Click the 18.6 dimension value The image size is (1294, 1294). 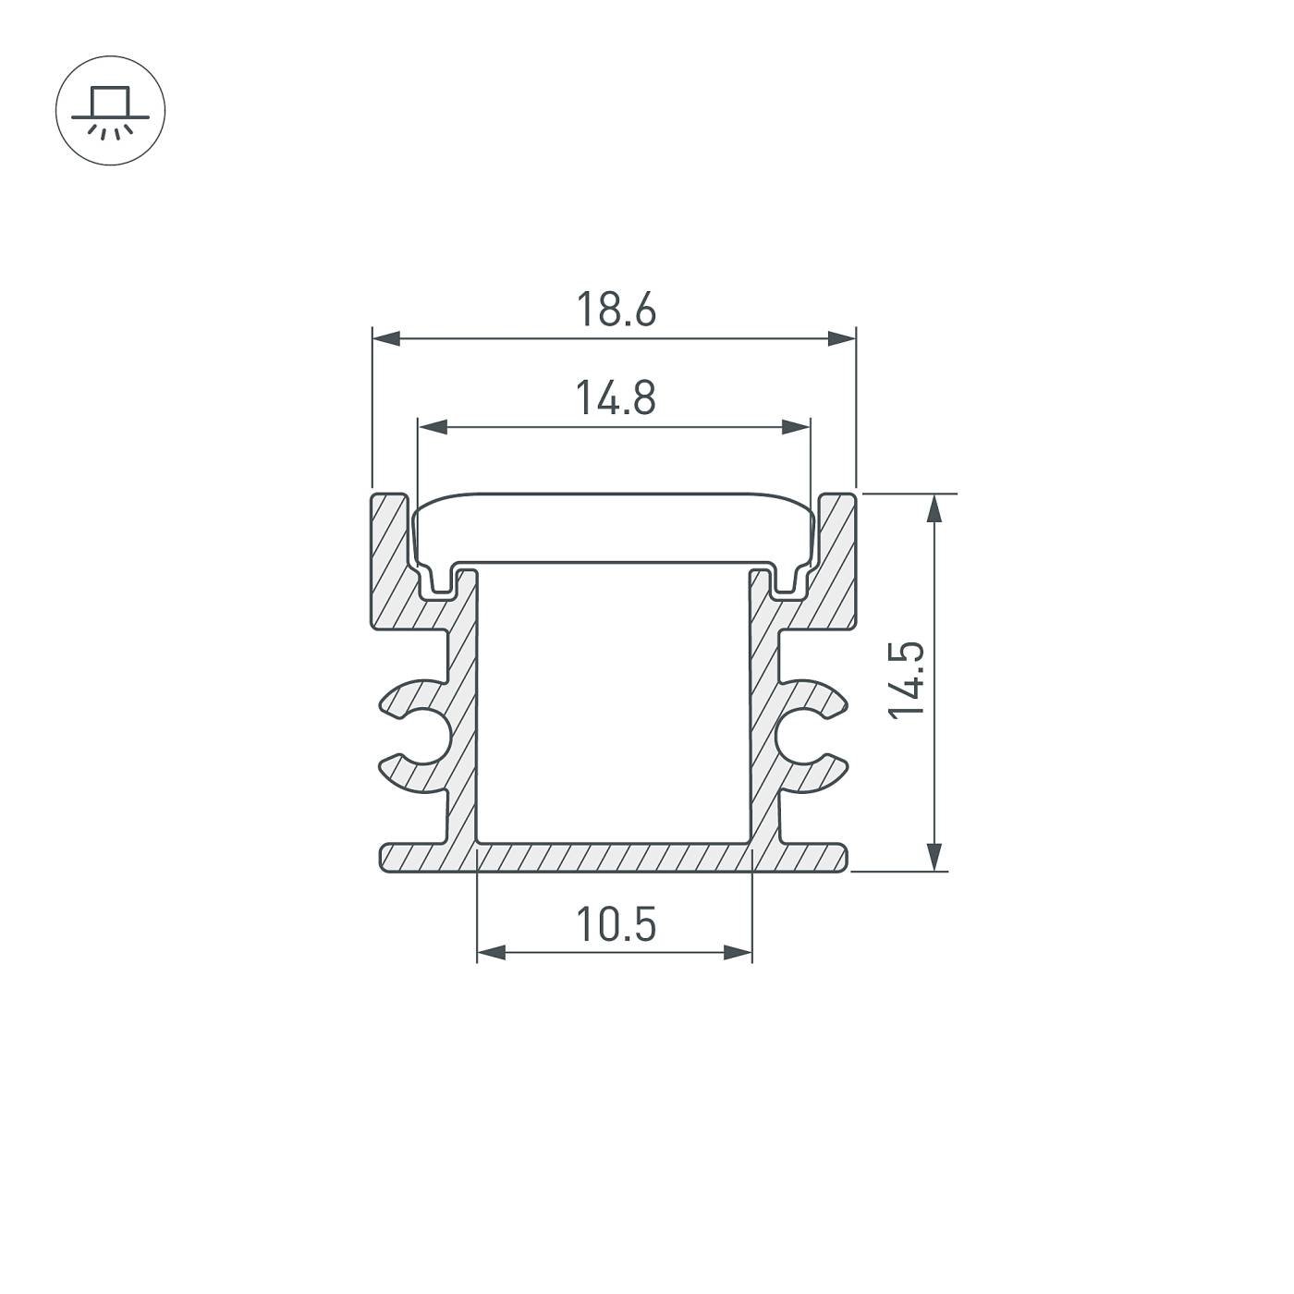(616, 310)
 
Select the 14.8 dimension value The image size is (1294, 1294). (616, 397)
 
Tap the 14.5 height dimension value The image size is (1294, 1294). (907, 681)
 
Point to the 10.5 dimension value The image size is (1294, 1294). (616, 924)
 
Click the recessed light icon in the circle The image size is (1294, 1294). (110, 111)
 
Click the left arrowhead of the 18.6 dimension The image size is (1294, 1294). (386, 338)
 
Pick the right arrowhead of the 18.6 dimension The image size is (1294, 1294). (841, 338)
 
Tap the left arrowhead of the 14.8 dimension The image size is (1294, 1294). (433, 427)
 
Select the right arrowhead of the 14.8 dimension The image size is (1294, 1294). (797, 427)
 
